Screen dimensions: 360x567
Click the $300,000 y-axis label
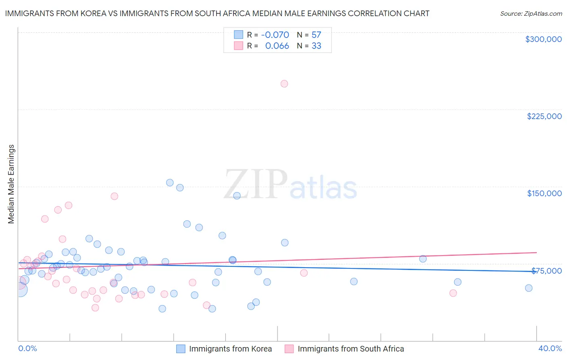543,39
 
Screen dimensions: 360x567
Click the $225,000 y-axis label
544,116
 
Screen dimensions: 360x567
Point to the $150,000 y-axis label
544,193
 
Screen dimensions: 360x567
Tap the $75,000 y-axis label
546,271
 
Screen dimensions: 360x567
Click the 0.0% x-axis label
27,348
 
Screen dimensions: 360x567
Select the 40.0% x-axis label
550,348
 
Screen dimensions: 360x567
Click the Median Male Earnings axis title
11,184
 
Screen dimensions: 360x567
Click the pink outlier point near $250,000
284,84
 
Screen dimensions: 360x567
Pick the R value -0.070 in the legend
275,35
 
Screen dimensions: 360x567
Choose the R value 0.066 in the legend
277,46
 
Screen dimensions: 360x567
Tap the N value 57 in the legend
316,35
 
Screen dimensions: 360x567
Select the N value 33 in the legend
316,46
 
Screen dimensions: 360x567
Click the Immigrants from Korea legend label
230,349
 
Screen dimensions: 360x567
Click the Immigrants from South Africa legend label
350,349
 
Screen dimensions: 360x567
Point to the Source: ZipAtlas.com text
531,14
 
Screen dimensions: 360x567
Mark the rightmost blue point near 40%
529,288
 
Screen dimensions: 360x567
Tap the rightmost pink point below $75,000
453,293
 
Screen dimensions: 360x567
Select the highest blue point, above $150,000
170,183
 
